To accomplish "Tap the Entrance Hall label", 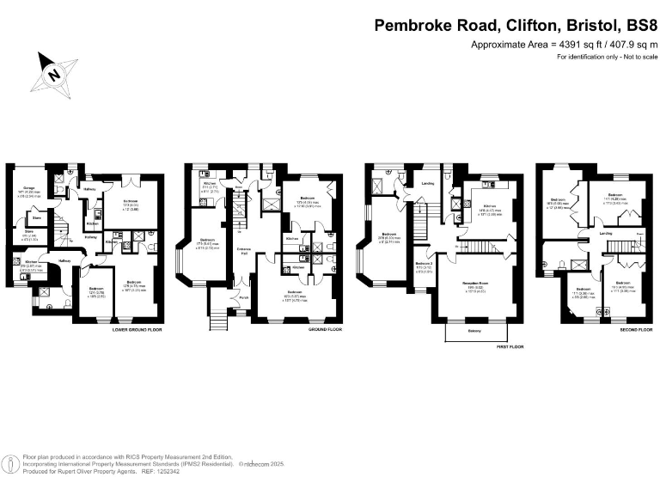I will pos(243,251).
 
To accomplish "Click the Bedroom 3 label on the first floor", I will pos(424,263).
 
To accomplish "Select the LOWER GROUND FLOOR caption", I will pos(137,329).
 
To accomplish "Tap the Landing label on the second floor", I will pos(605,233).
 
